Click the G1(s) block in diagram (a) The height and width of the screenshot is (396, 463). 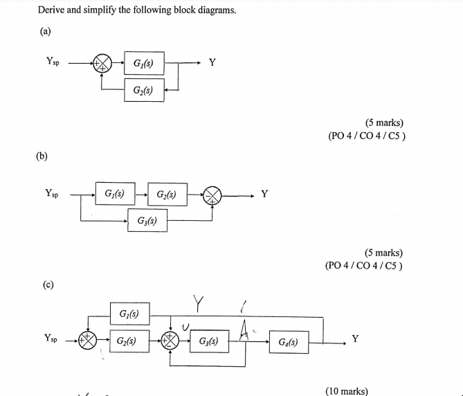pos(144,66)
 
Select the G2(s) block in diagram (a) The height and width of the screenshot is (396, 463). pos(144,91)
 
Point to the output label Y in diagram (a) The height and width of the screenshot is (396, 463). pos(212,64)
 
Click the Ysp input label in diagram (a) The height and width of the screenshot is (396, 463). pos(53,62)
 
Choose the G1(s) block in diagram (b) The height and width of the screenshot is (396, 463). pos(114,195)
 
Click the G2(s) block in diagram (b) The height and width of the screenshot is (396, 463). pos(166,195)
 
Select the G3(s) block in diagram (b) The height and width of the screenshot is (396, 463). pos(146,222)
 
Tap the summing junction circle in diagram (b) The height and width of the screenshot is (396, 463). pos(212,197)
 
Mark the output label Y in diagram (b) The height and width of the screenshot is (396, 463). pos(264,195)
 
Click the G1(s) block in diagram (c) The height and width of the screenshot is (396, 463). pos(129,314)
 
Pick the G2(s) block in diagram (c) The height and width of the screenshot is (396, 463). pos(129,341)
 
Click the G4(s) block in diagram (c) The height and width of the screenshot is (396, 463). pos(289,341)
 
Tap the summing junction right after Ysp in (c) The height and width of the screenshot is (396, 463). pos(89,341)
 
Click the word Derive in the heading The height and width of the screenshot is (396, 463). pos(51,10)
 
